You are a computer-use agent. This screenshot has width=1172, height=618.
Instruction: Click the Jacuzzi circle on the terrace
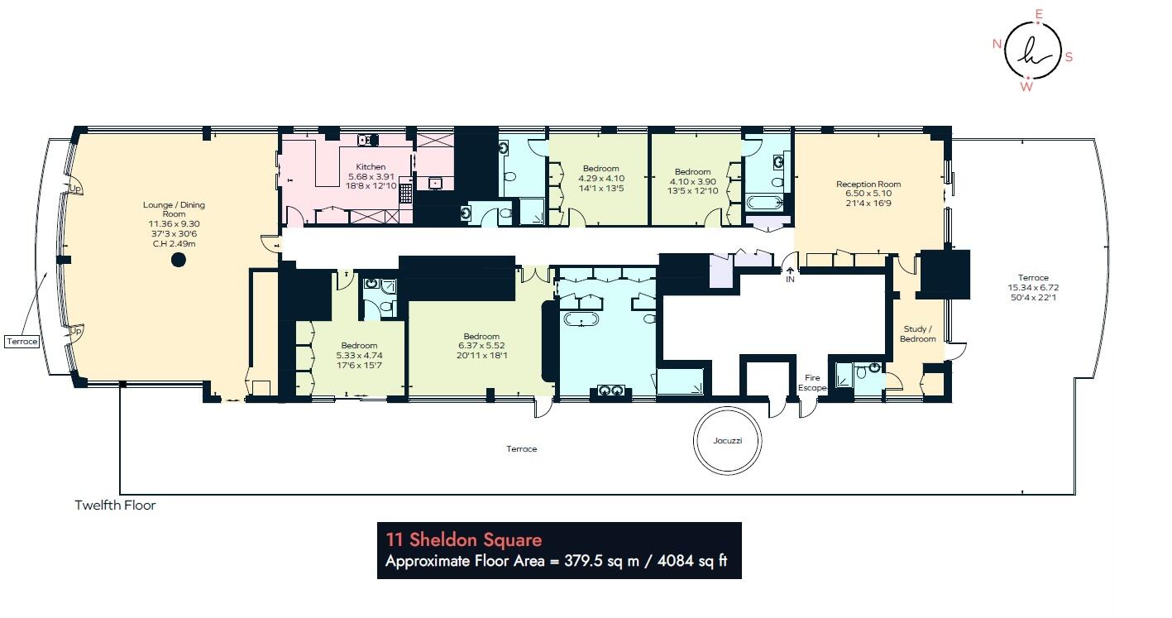click(x=728, y=440)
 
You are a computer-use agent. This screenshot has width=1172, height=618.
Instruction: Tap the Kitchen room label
click(x=366, y=167)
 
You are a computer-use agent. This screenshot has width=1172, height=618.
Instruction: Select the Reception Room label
click(x=868, y=184)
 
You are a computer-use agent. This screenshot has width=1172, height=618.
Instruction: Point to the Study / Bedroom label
click(x=918, y=333)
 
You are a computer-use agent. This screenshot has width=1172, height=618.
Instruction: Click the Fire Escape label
click(x=812, y=382)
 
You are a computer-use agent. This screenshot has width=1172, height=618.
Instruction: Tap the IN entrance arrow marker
click(x=790, y=274)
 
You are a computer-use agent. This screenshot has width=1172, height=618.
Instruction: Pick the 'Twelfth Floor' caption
click(x=115, y=505)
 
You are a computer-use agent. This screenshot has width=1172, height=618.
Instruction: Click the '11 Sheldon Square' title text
click(x=464, y=540)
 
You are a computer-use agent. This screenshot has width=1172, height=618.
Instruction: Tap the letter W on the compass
click(x=1026, y=86)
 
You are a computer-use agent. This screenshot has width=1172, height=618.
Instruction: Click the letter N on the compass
click(x=997, y=45)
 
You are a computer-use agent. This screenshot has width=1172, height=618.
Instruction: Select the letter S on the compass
click(x=1069, y=57)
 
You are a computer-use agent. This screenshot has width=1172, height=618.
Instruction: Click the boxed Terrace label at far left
click(x=22, y=341)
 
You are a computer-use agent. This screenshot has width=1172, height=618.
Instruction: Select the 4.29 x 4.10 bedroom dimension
click(x=600, y=178)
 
